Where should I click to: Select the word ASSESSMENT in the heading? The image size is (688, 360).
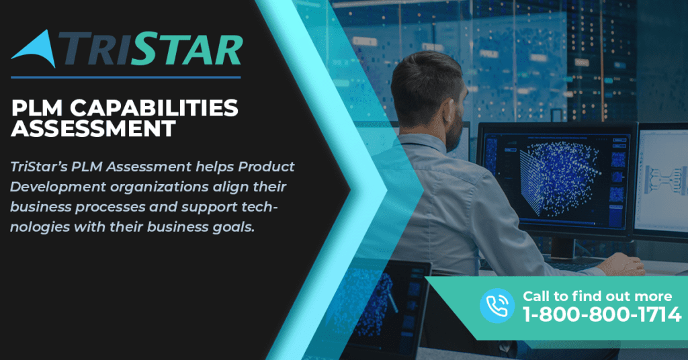point(93,128)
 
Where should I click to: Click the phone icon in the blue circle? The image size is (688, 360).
point(497,305)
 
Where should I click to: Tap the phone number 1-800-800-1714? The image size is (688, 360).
point(602,314)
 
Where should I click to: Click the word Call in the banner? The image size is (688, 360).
point(537,296)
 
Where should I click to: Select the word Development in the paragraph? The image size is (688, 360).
point(58,187)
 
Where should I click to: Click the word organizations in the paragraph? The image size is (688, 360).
point(159,187)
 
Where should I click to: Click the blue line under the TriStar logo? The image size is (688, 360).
point(126,77)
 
